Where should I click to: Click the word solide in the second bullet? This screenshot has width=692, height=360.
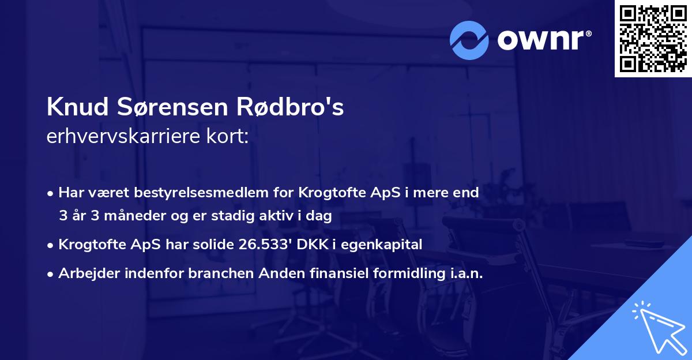212,245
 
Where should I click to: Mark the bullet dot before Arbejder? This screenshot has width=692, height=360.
51,274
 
